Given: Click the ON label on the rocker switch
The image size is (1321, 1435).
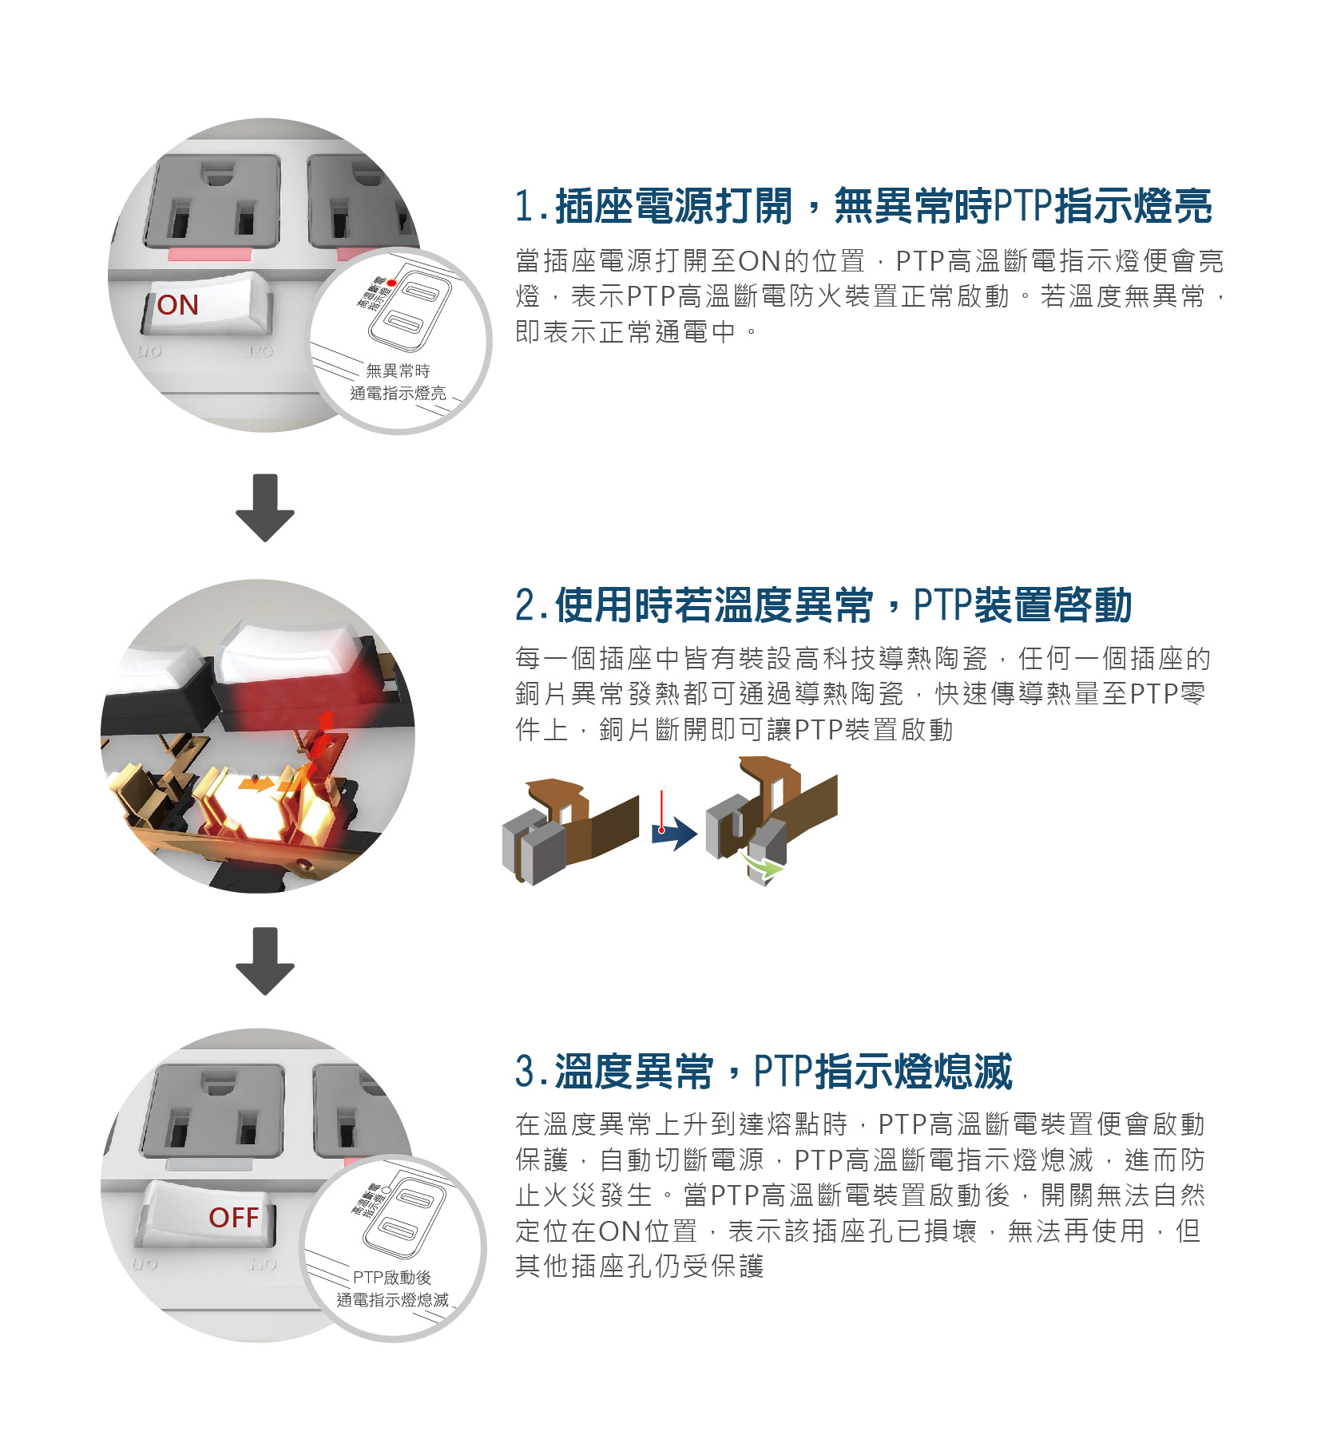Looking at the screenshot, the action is [x=178, y=305].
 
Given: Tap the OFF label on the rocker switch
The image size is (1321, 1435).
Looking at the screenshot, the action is [x=234, y=1217].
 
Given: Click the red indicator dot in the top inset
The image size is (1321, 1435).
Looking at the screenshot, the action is [x=391, y=283].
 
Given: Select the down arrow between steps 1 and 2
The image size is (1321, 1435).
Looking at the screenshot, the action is [x=265, y=508].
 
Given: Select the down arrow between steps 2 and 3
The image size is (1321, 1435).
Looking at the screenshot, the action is [x=265, y=961].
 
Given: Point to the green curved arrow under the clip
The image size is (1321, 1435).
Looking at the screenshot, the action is [x=762, y=864].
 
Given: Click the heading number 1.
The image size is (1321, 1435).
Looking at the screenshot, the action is [x=525, y=207].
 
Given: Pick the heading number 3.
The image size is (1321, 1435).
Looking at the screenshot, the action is [x=526, y=1072].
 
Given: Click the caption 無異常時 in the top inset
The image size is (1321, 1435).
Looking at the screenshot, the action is [x=398, y=371].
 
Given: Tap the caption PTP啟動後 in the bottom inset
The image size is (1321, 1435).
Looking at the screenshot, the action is [x=392, y=1277].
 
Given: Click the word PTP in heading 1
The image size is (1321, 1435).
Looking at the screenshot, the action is [x=1024, y=207].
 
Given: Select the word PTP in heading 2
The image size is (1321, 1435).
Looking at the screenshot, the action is [x=943, y=605].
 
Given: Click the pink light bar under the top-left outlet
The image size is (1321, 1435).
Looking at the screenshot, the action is [x=210, y=256].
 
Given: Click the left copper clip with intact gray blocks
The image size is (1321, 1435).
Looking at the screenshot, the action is [x=570, y=830].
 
